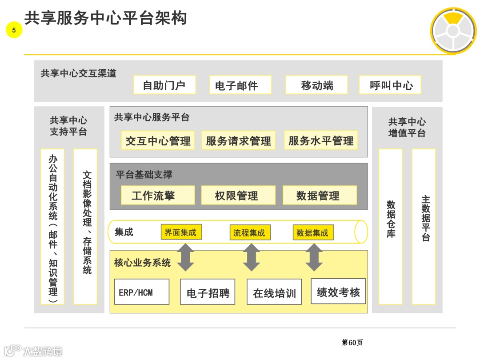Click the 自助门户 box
click(x=164, y=85)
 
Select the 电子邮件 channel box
click(x=240, y=85)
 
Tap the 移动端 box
click(x=316, y=85)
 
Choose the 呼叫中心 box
click(x=390, y=85)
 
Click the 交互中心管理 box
click(x=158, y=140)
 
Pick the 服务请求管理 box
click(x=238, y=140)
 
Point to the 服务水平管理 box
click(x=321, y=140)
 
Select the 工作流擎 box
click(x=158, y=195)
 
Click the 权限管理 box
click(x=238, y=195)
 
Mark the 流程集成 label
click(x=250, y=232)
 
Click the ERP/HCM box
click(x=142, y=292)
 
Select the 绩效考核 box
click(x=338, y=292)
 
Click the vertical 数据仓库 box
click(x=391, y=227)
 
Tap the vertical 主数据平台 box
click(x=424, y=227)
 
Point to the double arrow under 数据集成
click(x=314, y=257)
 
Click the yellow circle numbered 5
click(x=14, y=30)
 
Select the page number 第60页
click(x=352, y=342)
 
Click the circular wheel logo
click(x=453, y=31)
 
